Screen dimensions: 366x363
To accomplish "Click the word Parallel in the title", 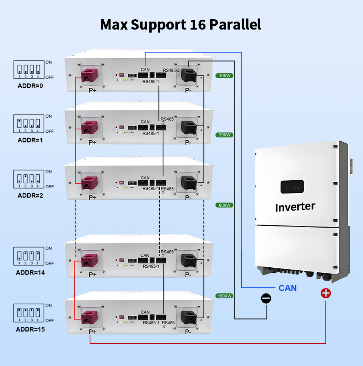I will pyautogui.click(x=235, y=24).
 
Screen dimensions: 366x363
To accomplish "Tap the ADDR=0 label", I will pyautogui.click(x=30, y=86).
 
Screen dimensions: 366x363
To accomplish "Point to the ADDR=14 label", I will pyautogui.click(x=30, y=272).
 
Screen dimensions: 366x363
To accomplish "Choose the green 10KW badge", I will pyautogui.click(x=225, y=76).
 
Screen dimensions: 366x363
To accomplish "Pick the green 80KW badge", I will pyautogui.click(x=225, y=205).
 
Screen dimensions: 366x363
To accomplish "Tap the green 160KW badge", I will pyautogui.click(x=225, y=296).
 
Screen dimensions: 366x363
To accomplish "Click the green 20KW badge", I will pyautogui.click(x=225, y=135).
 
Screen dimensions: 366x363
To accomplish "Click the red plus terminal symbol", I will pyautogui.click(x=326, y=293).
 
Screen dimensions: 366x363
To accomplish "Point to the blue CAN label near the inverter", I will pyautogui.click(x=287, y=288).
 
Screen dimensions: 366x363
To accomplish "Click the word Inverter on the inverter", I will pyautogui.click(x=295, y=207).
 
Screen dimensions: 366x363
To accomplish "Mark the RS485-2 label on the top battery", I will pyautogui.click(x=171, y=70).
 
